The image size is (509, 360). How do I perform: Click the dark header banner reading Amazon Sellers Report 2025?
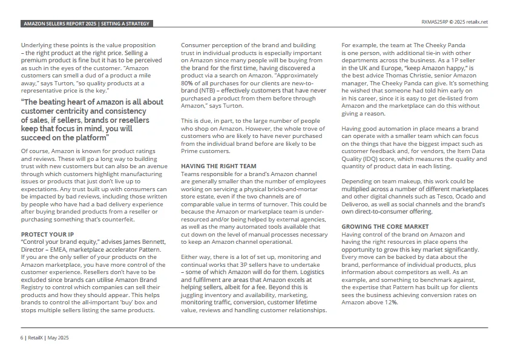86,24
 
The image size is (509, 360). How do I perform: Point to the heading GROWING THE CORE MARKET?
385,226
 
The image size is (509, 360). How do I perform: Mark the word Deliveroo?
356,204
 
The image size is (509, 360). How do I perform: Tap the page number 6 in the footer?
22,337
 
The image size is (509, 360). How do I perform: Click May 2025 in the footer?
58,337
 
